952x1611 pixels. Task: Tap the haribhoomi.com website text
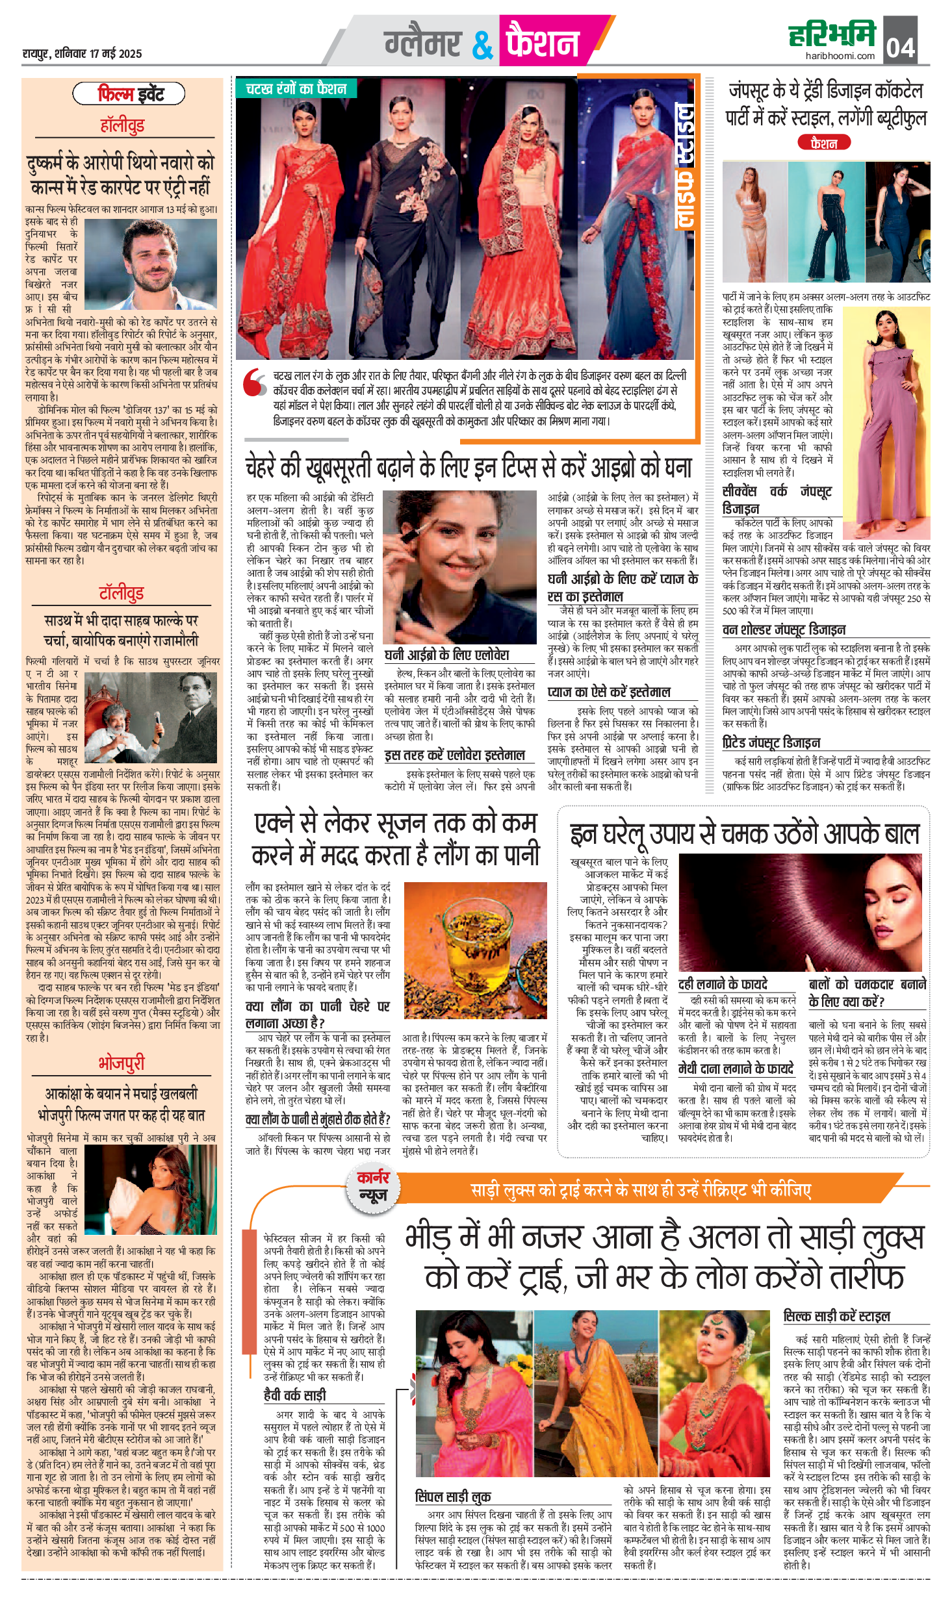(x=840, y=56)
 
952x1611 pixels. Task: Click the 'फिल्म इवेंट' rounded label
(x=129, y=94)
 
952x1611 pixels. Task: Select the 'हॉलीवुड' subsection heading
(x=122, y=125)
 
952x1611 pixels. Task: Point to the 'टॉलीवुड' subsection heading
(x=122, y=592)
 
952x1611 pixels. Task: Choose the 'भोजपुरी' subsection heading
(x=122, y=1063)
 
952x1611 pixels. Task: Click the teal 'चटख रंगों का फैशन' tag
(x=296, y=89)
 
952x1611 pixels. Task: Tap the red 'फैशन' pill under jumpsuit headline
(x=823, y=143)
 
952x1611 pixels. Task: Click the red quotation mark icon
(x=254, y=383)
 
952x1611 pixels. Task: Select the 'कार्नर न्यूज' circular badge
(x=373, y=1186)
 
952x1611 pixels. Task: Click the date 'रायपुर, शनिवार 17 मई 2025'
(x=82, y=53)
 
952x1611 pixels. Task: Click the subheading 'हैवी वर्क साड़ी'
(x=294, y=1395)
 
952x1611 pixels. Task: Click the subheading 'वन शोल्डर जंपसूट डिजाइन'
(x=784, y=629)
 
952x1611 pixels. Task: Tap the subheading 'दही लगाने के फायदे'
(x=722, y=984)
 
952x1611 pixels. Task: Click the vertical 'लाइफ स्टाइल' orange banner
(x=684, y=166)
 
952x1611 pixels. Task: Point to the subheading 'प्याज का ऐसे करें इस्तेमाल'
(x=609, y=692)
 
